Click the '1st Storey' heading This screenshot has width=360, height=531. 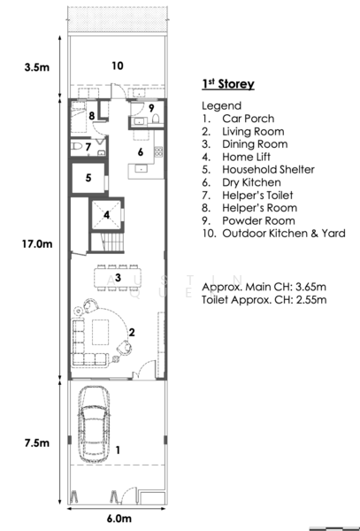click(228, 84)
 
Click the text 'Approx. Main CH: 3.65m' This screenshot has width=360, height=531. click(264, 288)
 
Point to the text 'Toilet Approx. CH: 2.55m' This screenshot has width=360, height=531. click(264, 301)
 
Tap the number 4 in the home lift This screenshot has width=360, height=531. click(107, 214)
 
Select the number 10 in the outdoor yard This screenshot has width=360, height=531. click(117, 65)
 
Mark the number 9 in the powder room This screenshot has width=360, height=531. click(151, 108)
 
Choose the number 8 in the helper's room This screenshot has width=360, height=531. click(91, 115)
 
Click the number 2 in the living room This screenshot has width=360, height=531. click(131, 332)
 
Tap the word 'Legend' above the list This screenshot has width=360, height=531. click(220, 105)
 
